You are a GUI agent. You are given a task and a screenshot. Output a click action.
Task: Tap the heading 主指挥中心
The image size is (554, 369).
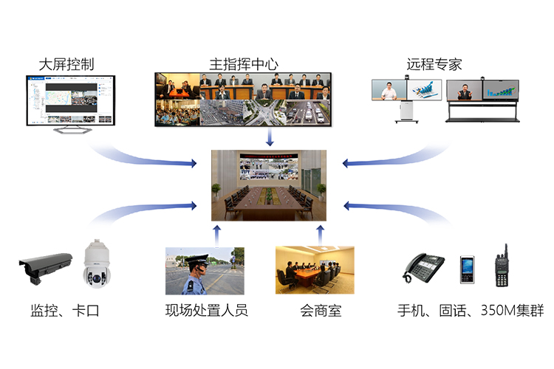pyautogui.click(x=244, y=63)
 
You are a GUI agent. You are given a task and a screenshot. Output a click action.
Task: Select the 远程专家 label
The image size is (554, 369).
pyautogui.click(x=434, y=63)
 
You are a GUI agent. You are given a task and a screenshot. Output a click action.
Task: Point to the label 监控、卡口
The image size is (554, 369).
pyautogui.click(x=65, y=311)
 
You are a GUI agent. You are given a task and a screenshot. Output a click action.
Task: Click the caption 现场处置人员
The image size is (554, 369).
pyautogui.click(x=207, y=311)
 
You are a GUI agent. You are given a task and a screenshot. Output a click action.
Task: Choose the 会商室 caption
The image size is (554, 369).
pyautogui.click(x=315, y=311)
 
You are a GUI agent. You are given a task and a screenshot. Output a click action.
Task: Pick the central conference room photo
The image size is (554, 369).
pyautogui.click(x=267, y=185)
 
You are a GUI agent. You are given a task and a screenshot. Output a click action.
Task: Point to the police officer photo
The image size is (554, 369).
pyautogui.click(x=205, y=271)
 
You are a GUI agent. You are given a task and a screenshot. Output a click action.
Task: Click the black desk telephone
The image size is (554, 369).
pyautogui.click(x=424, y=267)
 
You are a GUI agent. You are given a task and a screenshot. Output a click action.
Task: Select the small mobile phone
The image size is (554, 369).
pyautogui.click(x=467, y=269)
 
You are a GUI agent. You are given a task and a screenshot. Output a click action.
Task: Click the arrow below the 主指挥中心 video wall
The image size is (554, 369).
pyautogui.click(x=270, y=137)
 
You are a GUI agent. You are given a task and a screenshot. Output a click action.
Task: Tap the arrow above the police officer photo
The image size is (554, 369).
pyautogui.click(x=216, y=234)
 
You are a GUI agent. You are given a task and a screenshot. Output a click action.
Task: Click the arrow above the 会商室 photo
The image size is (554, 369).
pyautogui.click(x=320, y=234)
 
